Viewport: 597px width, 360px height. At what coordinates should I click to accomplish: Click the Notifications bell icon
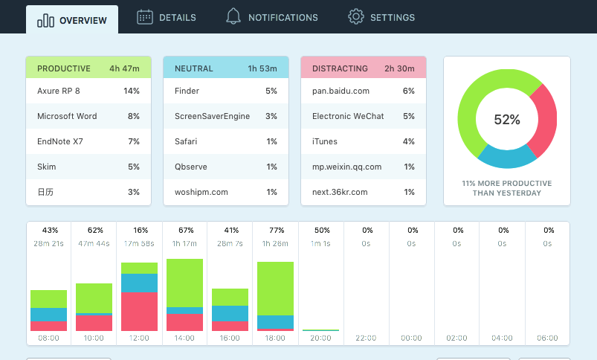[x=233, y=16]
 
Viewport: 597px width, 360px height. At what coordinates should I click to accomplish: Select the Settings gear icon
[x=355, y=17]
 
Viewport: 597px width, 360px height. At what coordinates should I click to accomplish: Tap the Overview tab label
[x=83, y=21]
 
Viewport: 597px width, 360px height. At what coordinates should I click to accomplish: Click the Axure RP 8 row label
[x=59, y=91]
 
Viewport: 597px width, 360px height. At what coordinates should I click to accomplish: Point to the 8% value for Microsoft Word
[x=134, y=116]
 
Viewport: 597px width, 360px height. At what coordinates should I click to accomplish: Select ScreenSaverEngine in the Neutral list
[x=212, y=116]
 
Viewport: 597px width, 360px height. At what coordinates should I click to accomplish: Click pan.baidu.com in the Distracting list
[x=341, y=91]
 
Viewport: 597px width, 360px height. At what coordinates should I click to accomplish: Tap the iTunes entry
[x=325, y=141]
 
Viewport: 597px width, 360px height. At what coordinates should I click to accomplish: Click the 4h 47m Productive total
[x=124, y=68]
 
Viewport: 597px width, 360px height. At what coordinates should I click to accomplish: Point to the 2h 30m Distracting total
[x=399, y=68]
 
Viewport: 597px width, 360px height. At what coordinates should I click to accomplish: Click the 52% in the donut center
[x=507, y=120]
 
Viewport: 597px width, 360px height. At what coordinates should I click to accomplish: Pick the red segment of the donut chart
[x=546, y=120]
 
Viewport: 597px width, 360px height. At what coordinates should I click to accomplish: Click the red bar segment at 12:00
[x=139, y=311]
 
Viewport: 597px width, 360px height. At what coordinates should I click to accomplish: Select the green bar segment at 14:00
[x=184, y=283]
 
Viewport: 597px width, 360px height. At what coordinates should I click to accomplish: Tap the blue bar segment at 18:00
[x=275, y=322]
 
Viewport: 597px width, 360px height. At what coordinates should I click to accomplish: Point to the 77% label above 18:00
[x=277, y=231]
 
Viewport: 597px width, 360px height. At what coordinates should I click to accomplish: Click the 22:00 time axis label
[x=366, y=338]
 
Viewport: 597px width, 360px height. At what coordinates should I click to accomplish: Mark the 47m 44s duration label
[x=94, y=243]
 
